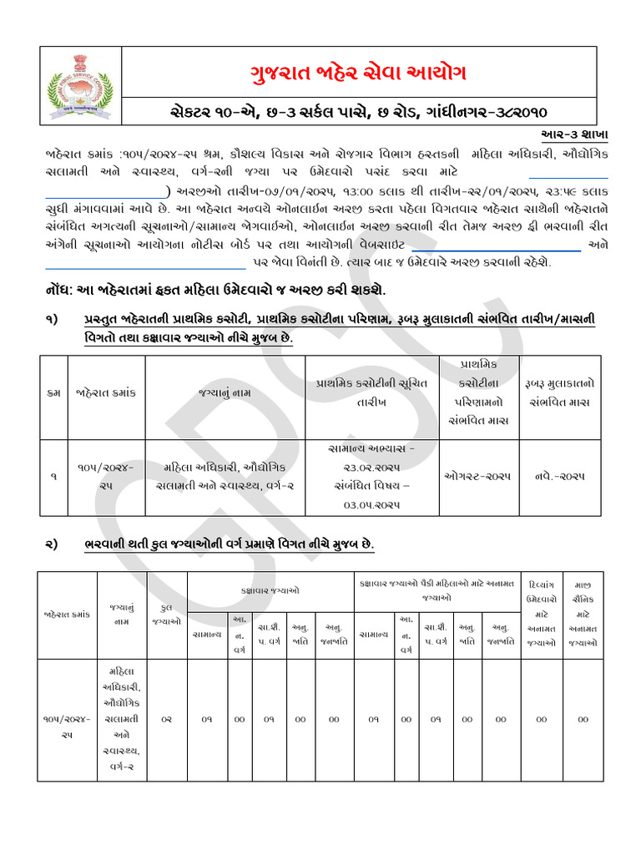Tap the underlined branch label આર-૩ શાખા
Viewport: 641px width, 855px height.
pos(569,134)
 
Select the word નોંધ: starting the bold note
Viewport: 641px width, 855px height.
pos(61,289)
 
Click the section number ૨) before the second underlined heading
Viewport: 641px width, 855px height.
pos(51,544)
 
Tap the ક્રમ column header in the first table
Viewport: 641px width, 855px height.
pos(53,391)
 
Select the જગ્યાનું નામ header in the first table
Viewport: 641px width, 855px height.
pos(225,391)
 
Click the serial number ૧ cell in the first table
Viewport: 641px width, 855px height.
pos(53,475)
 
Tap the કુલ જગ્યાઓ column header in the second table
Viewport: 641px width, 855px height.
pos(167,615)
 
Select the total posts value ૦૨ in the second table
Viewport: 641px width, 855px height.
pos(167,719)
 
